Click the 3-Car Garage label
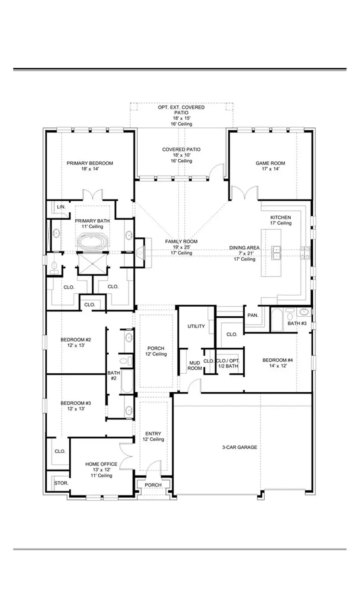[x=239, y=447]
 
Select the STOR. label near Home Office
[x=61, y=483]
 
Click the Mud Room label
[x=195, y=365]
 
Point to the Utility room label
[x=196, y=327]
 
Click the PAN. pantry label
[x=253, y=315]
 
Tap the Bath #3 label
[x=297, y=323]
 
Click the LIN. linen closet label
[x=60, y=207]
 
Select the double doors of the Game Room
[x=244, y=193]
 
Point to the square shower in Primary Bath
[x=93, y=264]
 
